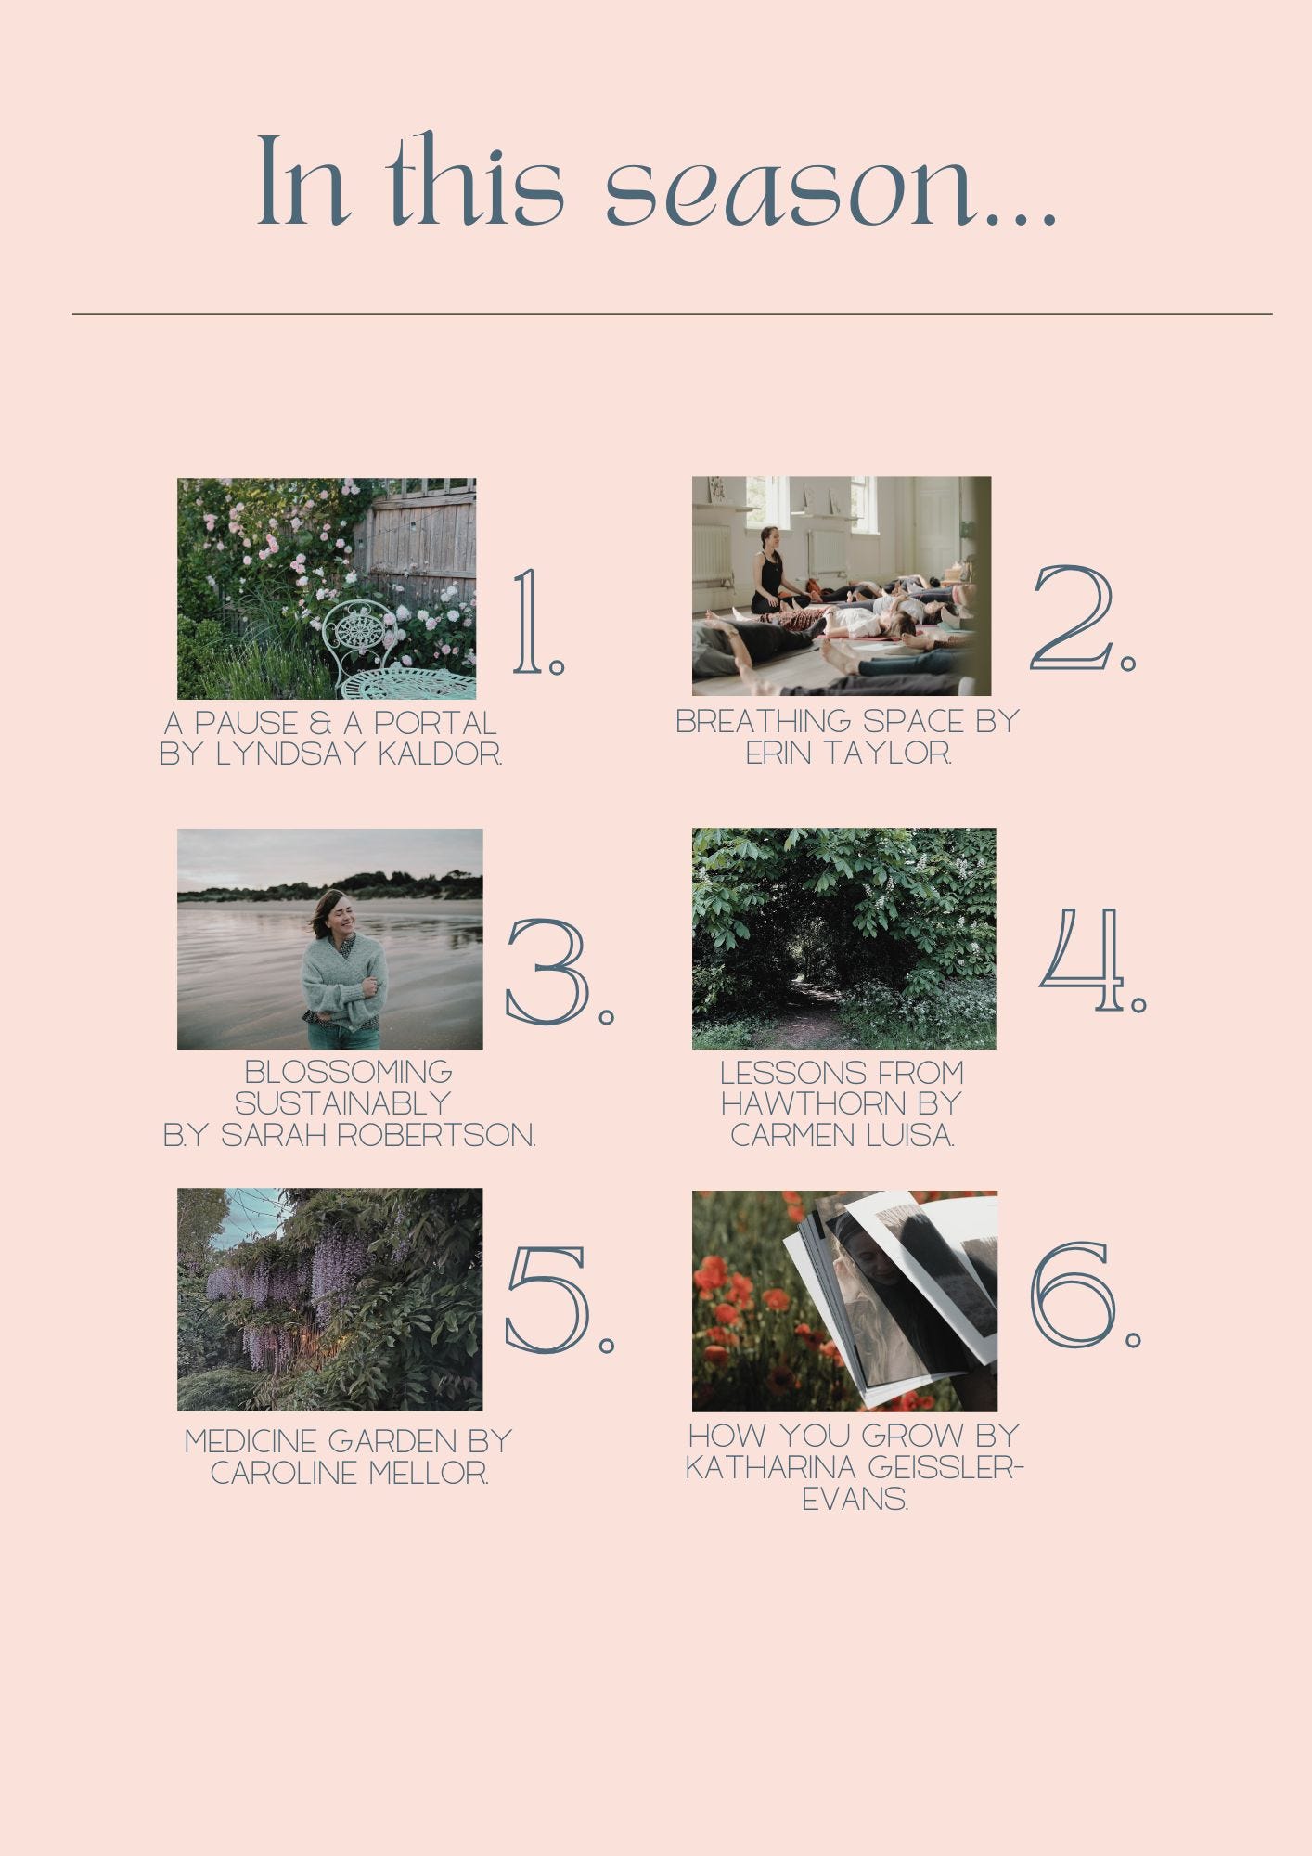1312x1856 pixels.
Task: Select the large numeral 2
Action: [x=1073, y=617]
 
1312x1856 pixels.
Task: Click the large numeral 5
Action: [x=547, y=1299]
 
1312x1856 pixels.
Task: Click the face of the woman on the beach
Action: [x=340, y=915]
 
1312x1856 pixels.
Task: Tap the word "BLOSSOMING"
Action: [x=348, y=1073]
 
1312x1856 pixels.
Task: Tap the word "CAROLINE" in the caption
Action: [x=284, y=1473]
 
